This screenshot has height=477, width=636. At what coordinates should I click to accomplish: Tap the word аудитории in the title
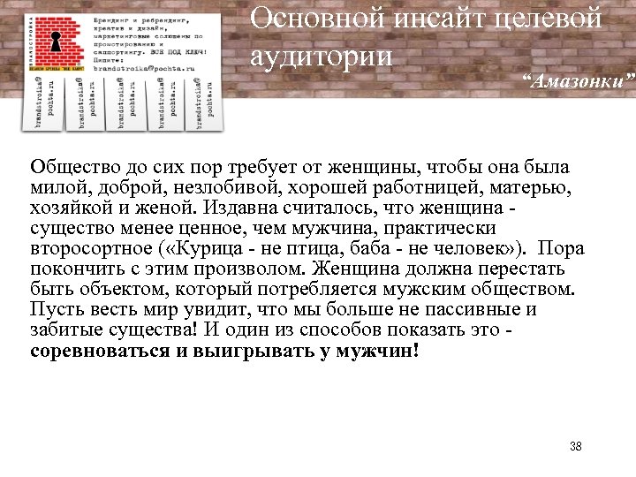point(320,56)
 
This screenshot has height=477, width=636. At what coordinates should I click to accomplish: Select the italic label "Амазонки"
point(578,82)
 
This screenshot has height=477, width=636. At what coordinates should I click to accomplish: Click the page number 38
point(576,447)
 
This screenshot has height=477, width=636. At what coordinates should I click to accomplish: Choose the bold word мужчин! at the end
point(384,351)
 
